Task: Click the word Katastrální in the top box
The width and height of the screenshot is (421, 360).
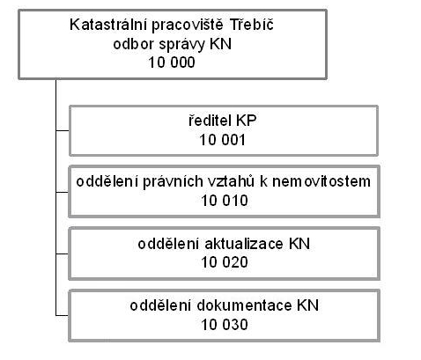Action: (x=107, y=25)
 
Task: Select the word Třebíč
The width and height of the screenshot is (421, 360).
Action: (x=252, y=24)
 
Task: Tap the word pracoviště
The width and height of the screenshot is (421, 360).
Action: (x=188, y=26)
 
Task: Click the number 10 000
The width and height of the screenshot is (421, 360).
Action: (x=172, y=62)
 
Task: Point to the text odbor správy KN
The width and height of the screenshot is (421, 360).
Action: (x=173, y=44)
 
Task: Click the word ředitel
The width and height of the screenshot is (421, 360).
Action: (x=208, y=121)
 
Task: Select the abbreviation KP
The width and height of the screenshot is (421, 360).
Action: (x=246, y=121)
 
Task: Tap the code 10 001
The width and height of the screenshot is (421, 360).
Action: (x=222, y=140)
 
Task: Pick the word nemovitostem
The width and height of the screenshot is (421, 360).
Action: (x=321, y=181)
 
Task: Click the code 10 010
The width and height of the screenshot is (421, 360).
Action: (x=225, y=201)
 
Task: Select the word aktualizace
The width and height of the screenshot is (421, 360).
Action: (x=244, y=244)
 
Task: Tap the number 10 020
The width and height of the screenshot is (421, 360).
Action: (x=225, y=262)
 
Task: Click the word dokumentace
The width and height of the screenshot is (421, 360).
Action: (x=244, y=305)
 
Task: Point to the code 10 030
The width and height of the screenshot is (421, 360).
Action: (x=225, y=325)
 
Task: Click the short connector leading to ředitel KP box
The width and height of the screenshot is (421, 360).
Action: (x=63, y=130)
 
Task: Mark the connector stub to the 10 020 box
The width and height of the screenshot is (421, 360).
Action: (x=63, y=253)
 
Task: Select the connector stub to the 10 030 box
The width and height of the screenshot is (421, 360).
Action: (x=63, y=316)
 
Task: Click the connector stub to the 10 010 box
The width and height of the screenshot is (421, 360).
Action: (x=63, y=192)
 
